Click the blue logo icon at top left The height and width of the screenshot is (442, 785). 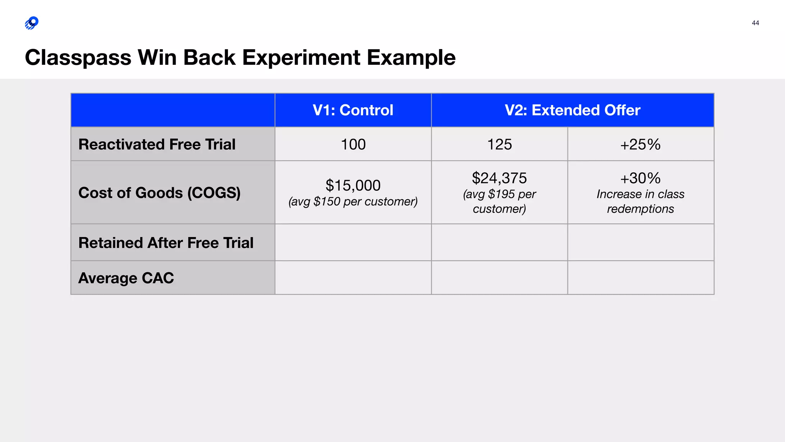pyautogui.click(x=32, y=23)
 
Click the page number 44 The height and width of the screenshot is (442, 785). pyautogui.click(x=755, y=23)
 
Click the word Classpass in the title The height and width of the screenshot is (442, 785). pyautogui.click(x=78, y=58)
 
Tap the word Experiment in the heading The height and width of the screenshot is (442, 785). pyautogui.click(x=301, y=58)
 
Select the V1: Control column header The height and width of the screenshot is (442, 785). pyautogui.click(x=353, y=110)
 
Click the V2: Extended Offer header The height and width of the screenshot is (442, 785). pyautogui.click(x=572, y=110)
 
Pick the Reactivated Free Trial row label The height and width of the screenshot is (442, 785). pyautogui.click(x=157, y=144)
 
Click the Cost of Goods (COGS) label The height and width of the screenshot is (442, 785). pyautogui.click(x=159, y=193)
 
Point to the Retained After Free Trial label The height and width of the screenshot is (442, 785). pyautogui.click(x=166, y=243)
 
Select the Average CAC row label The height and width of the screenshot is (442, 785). pyautogui.click(x=126, y=278)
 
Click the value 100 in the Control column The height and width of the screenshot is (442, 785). pyautogui.click(x=353, y=145)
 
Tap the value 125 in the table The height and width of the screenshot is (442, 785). pyautogui.click(x=499, y=145)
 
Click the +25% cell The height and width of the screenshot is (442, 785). pyautogui.click(x=640, y=145)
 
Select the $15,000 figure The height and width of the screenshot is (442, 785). pyautogui.click(x=353, y=185)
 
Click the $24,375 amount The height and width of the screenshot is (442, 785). pyautogui.click(x=499, y=178)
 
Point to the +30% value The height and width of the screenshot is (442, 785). pyautogui.click(x=640, y=178)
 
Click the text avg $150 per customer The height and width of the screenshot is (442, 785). pyautogui.click(x=353, y=201)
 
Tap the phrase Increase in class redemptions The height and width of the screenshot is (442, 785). pyautogui.click(x=640, y=201)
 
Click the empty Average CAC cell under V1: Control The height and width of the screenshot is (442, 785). pyautogui.click(x=353, y=278)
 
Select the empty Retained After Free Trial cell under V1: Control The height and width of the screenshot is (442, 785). pyautogui.click(x=353, y=242)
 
